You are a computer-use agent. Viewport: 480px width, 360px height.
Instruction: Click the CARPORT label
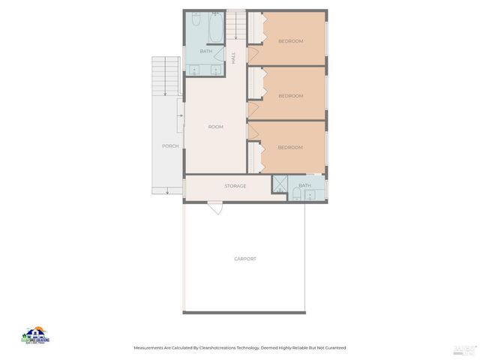(244, 259)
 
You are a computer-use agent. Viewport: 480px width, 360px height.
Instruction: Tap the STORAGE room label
(235, 186)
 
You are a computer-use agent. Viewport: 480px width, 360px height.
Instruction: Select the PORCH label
(170, 145)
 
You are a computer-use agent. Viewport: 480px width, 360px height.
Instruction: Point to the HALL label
(233, 57)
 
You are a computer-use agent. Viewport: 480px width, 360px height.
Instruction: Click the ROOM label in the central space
(215, 127)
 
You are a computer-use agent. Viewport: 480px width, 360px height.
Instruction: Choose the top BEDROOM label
(290, 41)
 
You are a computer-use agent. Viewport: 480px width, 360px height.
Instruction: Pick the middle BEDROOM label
(290, 95)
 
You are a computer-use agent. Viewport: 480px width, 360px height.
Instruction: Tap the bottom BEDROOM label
(290, 147)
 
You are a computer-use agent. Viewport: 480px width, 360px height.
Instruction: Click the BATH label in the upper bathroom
(205, 51)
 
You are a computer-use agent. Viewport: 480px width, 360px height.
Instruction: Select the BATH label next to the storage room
(304, 185)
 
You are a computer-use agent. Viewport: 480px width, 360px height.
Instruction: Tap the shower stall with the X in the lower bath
(279, 184)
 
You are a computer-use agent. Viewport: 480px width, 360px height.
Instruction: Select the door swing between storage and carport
(215, 207)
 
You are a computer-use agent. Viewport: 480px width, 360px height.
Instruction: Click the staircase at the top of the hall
(235, 26)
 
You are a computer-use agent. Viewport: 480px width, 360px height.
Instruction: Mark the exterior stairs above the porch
(163, 75)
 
